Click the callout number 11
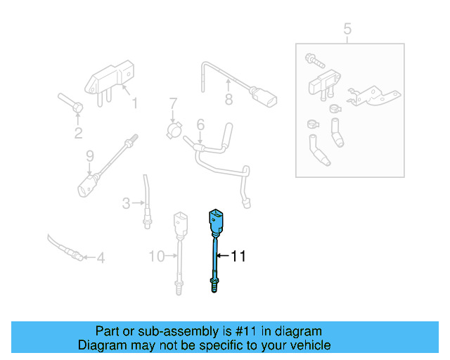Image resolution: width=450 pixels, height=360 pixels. pos(238,257)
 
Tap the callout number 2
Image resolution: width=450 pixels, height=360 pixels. pos(78,133)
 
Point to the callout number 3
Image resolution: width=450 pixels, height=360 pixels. pos(126,204)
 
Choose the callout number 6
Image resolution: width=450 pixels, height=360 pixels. pos(200,124)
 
